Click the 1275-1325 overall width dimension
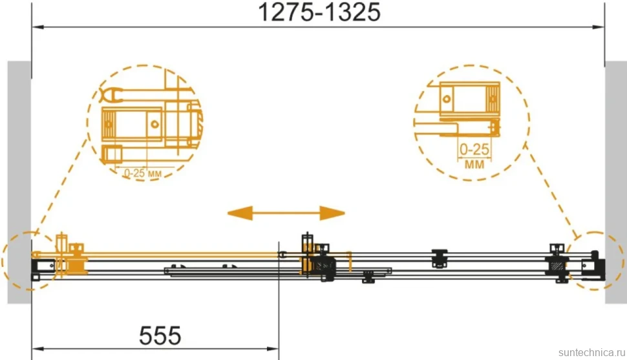[319, 12]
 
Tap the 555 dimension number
[160, 335]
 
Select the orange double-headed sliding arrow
[286, 213]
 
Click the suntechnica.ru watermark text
[591, 352]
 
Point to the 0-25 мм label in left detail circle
[143, 173]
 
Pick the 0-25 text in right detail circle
[474, 149]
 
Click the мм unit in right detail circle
[474, 164]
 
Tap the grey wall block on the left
[19, 182]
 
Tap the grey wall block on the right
[616, 182]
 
